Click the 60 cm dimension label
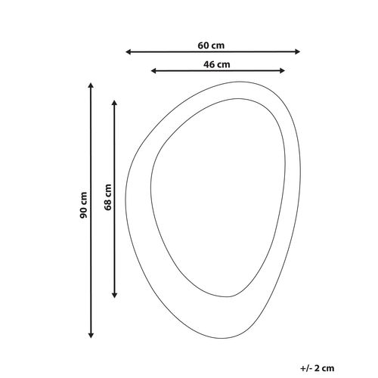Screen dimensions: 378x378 pyautogui.click(x=211, y=45)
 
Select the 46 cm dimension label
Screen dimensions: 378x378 pyautogui.click(x=217, y=64)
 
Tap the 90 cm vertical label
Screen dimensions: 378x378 pyautogui.click(x=83, y=205)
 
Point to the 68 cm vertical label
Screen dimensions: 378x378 pyautogui.click(x=108, y=197)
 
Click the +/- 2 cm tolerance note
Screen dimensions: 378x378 pyautogui.click(x=317, y=368)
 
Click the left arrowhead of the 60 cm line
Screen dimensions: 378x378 pyautogui.click(x=128, y=52)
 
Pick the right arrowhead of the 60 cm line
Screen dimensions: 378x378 pyautogui.click(x=298, y=51)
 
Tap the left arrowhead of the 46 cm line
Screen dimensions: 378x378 pyautogui.click(x=153, y=71)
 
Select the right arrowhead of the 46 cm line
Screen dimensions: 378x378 pyautogui.click(x=282, y=70)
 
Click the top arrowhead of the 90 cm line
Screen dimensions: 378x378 pyautogui.click(x=91, y=85)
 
